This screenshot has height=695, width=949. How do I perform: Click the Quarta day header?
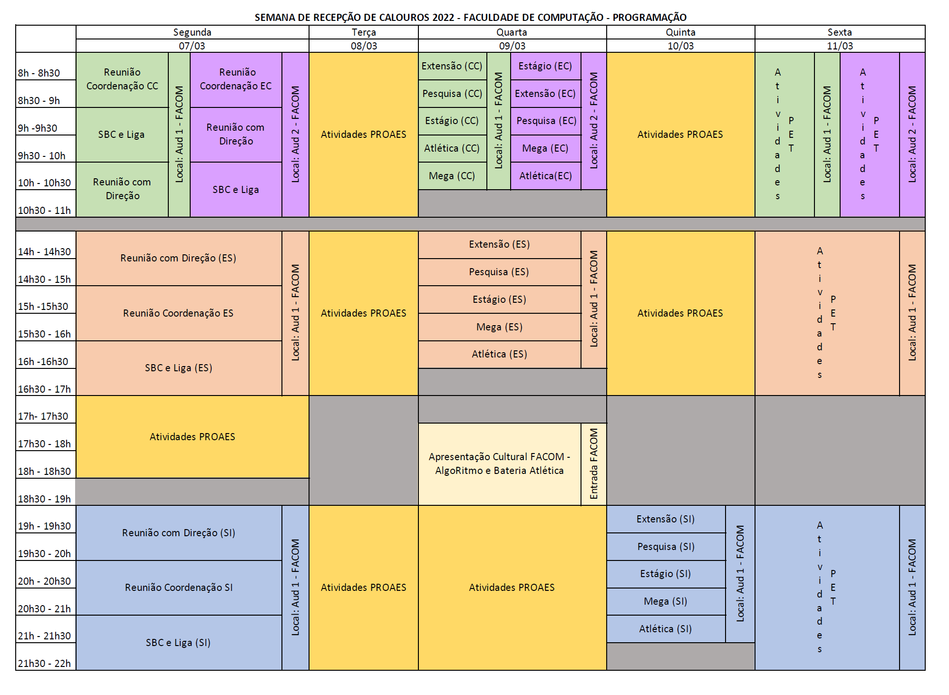[512, 32]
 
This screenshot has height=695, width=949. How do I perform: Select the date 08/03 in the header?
[364, 46]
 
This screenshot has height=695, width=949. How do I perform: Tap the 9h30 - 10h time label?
[42, 155]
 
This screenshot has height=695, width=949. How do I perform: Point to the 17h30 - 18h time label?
[44, 444]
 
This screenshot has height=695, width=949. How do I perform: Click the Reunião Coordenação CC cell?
[122, 79]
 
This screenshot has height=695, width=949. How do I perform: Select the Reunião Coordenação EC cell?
[236, 79]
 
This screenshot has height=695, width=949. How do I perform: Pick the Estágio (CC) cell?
[452, 121]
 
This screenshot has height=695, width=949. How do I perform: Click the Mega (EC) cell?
[545, 148]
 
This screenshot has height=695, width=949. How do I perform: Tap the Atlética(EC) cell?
[545, 176]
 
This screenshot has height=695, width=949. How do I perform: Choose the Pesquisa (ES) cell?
[499, 272]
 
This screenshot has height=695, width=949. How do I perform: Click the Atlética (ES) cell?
[499, 354]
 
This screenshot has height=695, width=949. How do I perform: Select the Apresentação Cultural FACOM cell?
[499, 463]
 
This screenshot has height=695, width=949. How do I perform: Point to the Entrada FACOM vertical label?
[594, 463]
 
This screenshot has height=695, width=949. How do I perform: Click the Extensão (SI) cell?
[666, 519]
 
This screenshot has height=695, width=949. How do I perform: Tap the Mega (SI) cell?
[666, 601]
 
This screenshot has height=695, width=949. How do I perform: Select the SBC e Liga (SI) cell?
[178, 643]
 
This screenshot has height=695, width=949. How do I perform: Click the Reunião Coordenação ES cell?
[178, 313]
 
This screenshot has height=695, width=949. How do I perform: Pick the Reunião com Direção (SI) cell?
[178, 533]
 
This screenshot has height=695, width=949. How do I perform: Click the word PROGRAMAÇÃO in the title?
[649, 18]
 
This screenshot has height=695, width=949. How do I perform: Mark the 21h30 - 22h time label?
[44, 663]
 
